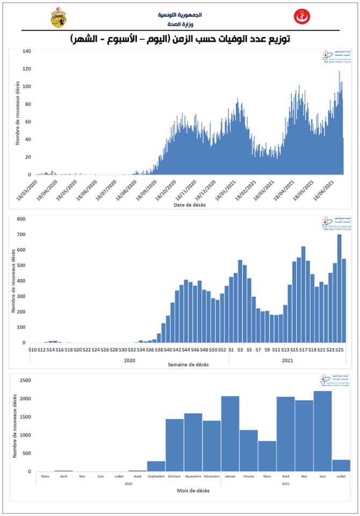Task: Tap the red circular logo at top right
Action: click(x=301, y=17)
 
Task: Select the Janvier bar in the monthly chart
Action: click(x=230, y=433)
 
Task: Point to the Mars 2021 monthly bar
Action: click(x=267, y=456)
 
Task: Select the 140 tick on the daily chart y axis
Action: click(x=27, y=51)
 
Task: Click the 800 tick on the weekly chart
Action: click(x=21, y=219)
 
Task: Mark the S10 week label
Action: click(x=33, y=350)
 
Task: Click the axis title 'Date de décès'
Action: click(x=189, y=205)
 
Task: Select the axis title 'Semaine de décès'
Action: click(x=189, y=364)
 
